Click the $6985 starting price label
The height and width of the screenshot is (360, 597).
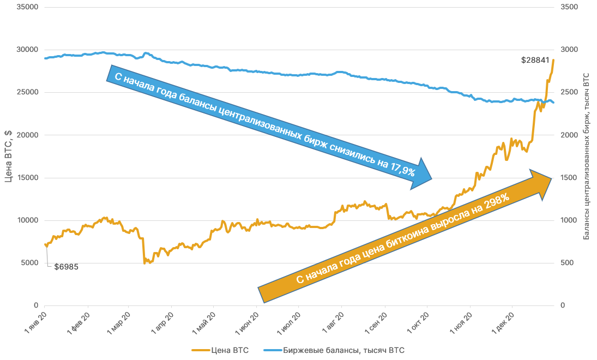point(67,267)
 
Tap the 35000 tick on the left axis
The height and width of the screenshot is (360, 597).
point(26,7)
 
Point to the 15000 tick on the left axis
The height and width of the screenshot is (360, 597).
point(26,178)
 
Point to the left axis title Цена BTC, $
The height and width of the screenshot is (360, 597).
point(8,156)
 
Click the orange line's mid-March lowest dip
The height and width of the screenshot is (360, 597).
point(144,263)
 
